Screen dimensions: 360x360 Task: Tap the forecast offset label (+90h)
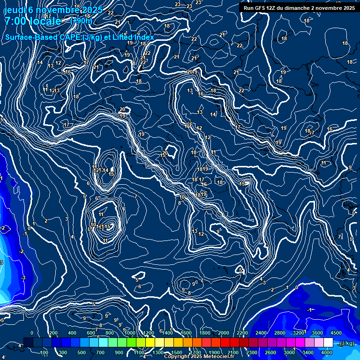(x=81, y=21)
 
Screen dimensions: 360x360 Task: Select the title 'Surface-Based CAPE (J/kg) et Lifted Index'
(x=80, y=37)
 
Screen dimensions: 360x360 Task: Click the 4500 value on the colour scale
(x=336, y=333)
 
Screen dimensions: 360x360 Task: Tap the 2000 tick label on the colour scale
(x=224, y=333)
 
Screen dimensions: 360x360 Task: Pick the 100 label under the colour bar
(x=45, y=352)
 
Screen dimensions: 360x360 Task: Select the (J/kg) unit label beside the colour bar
(x=346, y=344)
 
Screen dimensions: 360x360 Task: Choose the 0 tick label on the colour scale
(x=32, y=333)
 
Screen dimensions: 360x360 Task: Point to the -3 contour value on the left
(x=23, y=278)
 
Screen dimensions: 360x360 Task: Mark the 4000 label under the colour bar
(x=327, y=352)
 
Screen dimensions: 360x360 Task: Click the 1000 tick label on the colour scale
(x=129, y=333)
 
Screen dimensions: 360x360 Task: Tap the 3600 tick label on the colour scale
(x=317, y=333)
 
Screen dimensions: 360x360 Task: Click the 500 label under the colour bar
(x=82, y=352)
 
